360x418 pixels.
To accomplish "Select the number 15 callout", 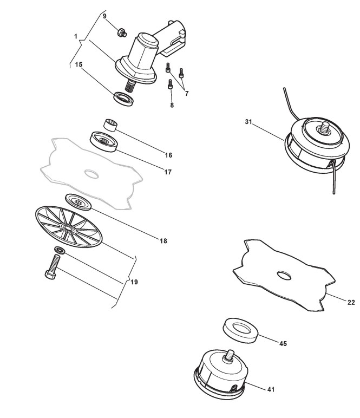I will point(78,64).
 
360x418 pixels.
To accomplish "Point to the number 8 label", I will point(172,105).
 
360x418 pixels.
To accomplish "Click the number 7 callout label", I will point(187,94).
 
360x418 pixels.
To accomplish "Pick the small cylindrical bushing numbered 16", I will point(110,126).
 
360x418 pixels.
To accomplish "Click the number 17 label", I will point(168,172).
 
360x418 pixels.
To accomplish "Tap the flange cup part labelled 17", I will point(104,142).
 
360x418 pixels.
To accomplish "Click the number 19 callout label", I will point(135,282).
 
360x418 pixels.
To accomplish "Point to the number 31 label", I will point(248,122).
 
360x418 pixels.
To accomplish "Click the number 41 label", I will point(270,389).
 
